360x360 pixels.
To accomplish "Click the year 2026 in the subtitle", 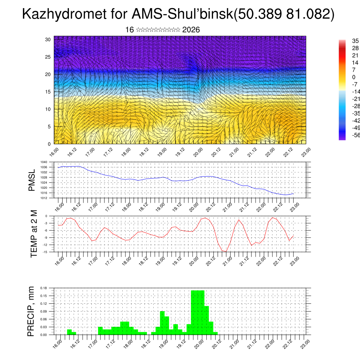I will tap(191, 30).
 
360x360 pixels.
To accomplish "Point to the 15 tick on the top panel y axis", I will tap(48, 92).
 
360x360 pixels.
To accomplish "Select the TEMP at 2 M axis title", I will tap(34, 233).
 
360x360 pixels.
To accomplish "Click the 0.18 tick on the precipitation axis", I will tap(43, 288).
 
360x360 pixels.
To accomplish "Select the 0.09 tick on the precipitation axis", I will tap(43, 311).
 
